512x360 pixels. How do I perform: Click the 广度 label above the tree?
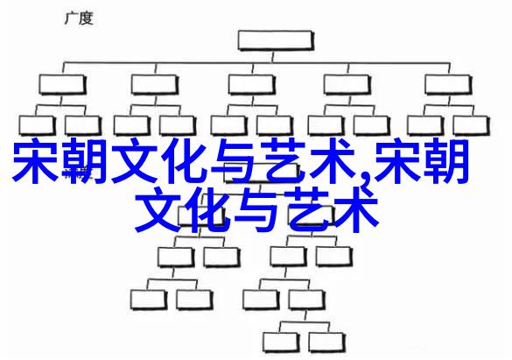tap(79, 18)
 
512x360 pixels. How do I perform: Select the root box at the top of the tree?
tap(276, 40)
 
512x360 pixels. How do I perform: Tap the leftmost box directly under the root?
tap(62, 85)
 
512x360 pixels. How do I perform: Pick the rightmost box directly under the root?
tap(448, 85)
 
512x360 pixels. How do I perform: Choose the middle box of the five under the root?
tap(252, 85)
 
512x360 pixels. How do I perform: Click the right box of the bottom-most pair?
tap(326, 342)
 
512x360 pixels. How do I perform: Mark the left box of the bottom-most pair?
tap(281, 342)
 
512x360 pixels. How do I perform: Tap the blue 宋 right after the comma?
tap(397, 160)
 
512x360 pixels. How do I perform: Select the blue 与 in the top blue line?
tap(235, 160)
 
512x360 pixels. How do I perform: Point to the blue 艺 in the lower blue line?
tap(308, 209)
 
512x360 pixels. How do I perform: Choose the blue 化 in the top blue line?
tap(186, 160)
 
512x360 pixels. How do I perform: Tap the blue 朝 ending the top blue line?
tap(446, 160)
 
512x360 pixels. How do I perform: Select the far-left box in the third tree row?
tap(37, 126)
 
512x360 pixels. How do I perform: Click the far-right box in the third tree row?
tap(471, 126)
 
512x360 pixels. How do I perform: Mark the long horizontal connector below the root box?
tap(256, 63)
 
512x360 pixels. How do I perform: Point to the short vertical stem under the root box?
tap(273, 56)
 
